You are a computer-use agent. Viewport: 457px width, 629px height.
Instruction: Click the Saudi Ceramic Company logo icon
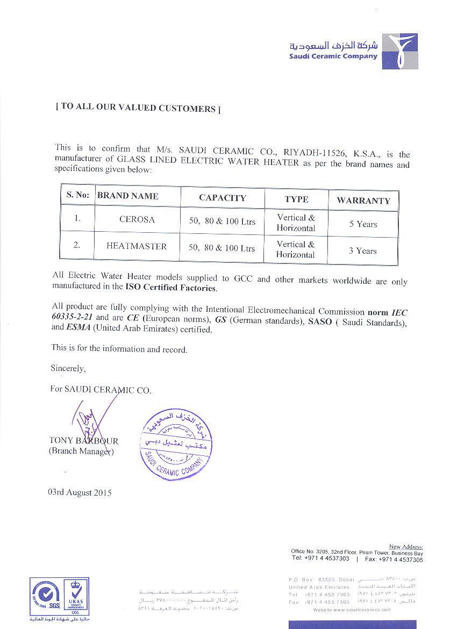[399, 51]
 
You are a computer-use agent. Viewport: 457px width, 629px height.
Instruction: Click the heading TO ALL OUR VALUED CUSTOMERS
[138, 108]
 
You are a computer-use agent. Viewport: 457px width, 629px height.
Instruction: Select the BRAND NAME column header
[127, 196]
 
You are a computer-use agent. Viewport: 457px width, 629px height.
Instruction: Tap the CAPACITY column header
[222, 198]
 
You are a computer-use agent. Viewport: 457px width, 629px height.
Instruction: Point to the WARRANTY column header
[363, 201]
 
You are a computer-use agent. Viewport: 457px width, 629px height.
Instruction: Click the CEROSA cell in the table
[137, 219]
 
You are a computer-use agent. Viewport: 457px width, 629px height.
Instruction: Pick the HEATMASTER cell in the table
[137, 246]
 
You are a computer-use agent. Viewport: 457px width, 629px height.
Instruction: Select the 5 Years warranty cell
[363, 224]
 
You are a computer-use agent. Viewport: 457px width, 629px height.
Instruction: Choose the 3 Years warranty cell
[362, 251]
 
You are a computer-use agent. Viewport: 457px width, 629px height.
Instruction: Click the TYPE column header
[296, 199]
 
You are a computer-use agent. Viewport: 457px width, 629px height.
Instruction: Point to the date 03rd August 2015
[80, 492]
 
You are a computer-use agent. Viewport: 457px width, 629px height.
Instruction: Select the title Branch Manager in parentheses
[81, 452]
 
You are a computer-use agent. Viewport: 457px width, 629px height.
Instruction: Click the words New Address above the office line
[405, 547]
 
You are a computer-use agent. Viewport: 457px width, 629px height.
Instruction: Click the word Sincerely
[68, 369]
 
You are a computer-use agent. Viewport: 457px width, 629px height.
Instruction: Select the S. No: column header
[77, 195]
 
